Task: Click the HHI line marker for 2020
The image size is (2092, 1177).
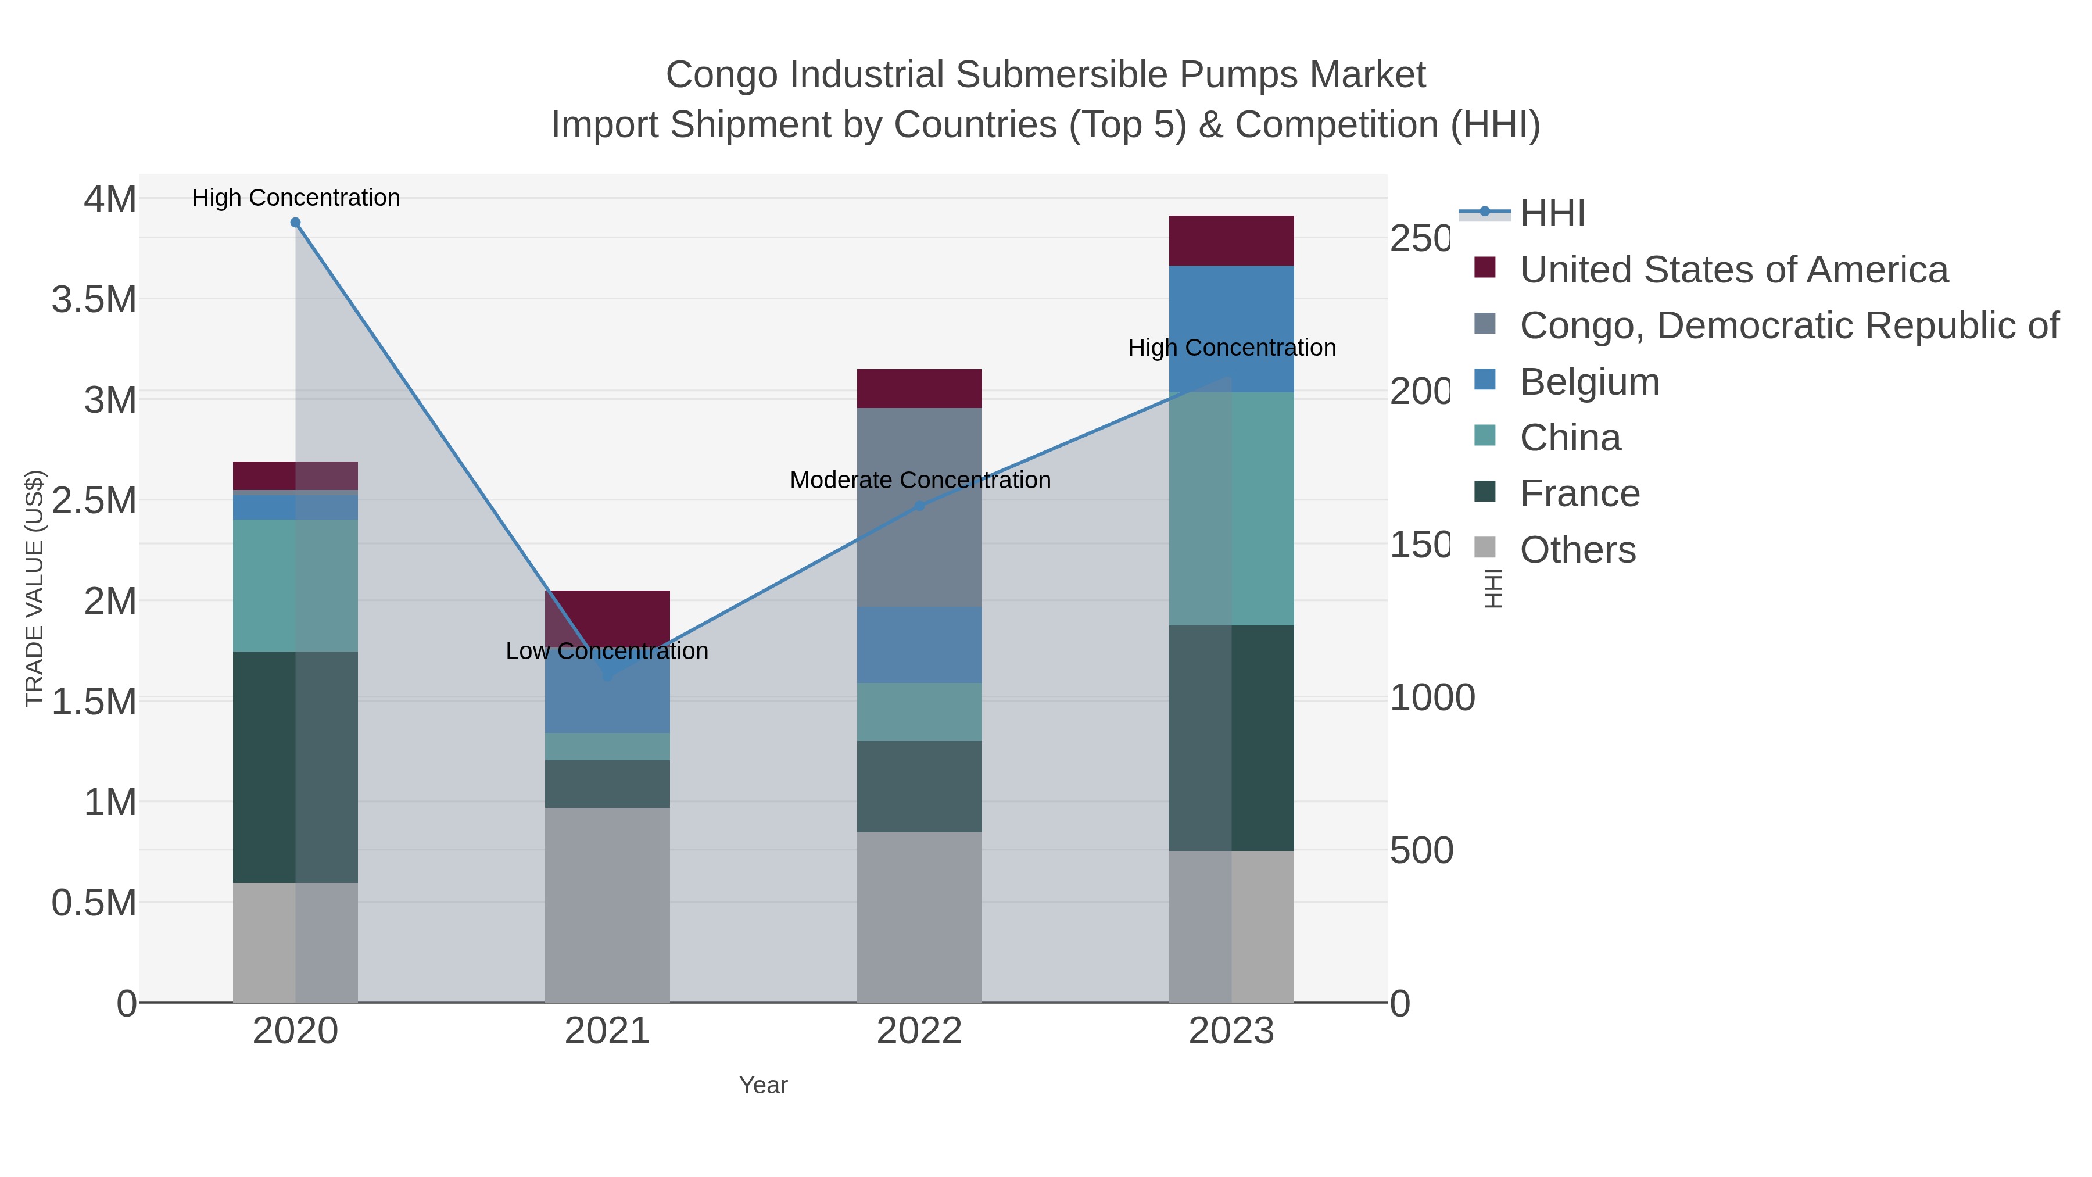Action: pos(296,223)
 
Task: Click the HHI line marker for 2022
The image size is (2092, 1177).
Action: pos(919,505)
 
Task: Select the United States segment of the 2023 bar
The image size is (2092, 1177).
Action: pos(1231,241)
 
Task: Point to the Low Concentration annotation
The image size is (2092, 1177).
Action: pos(607,652)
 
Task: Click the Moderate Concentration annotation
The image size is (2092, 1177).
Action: pos(919,480)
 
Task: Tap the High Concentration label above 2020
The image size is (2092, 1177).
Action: pos(296,198)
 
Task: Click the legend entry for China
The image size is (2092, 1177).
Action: pos(1569,438)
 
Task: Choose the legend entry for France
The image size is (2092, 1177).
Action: pos(1579,494)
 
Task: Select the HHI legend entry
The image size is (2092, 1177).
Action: pos(1552,214)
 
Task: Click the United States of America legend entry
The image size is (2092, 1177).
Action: pos(1733,270)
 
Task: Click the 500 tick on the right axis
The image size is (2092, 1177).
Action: pos(1421,850)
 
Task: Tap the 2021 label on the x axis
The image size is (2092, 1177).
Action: pos(607,1032)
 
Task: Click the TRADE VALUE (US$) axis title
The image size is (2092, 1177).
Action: pos(35,588)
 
